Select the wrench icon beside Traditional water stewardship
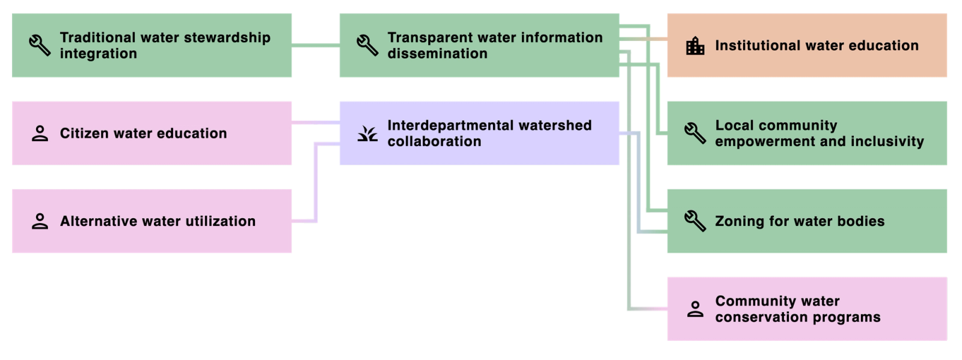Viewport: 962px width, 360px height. point(40,45)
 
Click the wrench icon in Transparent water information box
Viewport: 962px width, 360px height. point(367,45)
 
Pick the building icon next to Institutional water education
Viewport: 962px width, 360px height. point(695,46)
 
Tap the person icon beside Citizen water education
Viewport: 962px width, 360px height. point(40,133)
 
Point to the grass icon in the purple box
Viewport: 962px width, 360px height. point(367,133)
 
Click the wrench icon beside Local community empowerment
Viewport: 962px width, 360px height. point(695,133)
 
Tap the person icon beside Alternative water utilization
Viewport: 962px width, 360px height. point(40,221)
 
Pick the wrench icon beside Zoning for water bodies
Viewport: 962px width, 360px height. point(695,221)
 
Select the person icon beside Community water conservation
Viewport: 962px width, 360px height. point(695,309)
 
